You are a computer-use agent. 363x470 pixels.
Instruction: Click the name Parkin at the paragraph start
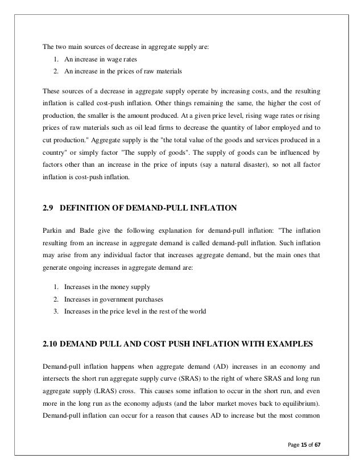point(52,232)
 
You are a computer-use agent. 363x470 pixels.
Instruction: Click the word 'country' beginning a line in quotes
point(55,154)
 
